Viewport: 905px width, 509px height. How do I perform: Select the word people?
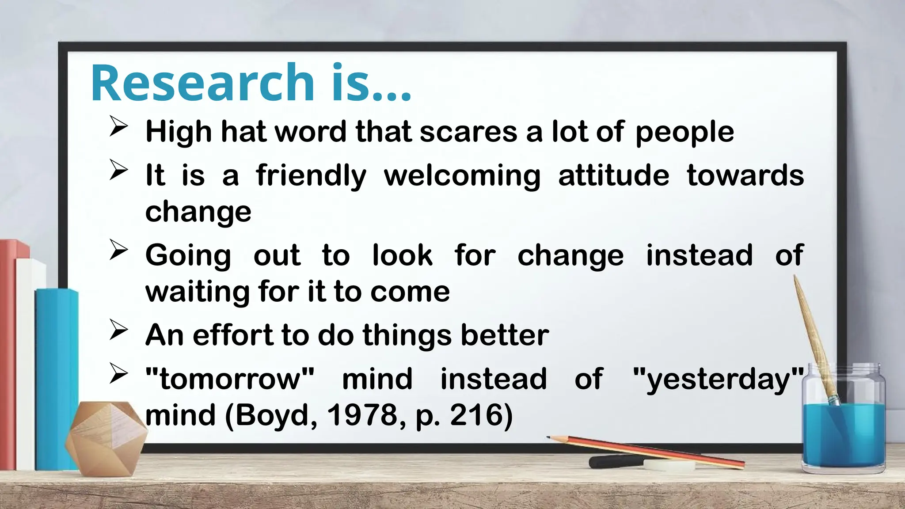[x=684, y=133]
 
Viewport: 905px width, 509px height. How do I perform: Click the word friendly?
[x=311, y=176]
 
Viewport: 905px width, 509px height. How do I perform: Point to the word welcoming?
[x=462, y=176]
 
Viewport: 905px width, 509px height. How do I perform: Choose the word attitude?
[x=614, y=175]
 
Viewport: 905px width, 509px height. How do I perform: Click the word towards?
[x=745, y=175]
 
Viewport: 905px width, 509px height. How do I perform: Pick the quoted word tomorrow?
[x=229, y=379]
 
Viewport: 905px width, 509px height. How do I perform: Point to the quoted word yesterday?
[x=718, y=379]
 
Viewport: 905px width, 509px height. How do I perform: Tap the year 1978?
[x=362, y=415]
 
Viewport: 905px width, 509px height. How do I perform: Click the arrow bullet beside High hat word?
[x=118, y=127]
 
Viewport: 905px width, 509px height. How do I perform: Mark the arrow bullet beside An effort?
[x=118, y=330]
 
